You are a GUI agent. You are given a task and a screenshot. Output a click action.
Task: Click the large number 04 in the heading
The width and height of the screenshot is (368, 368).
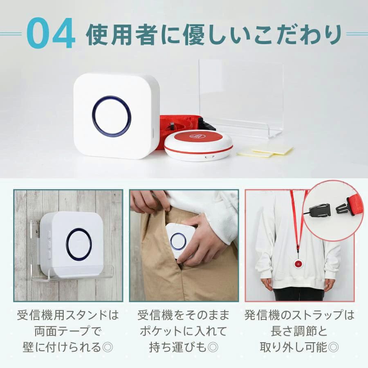[51, 33]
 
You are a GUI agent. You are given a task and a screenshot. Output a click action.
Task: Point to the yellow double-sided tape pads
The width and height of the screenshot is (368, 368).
[265, 151]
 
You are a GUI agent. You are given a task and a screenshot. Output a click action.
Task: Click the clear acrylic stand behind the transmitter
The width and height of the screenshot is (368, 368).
[241, 99]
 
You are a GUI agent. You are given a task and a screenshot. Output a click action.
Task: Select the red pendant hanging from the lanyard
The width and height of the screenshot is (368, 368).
[298, 264]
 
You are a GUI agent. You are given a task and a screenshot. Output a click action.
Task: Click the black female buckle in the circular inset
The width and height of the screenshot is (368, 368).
[319, 211]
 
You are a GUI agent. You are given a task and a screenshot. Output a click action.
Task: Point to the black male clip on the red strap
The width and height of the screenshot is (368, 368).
[343, 206]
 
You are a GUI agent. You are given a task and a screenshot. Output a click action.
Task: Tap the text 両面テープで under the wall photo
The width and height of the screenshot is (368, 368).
[68, 331]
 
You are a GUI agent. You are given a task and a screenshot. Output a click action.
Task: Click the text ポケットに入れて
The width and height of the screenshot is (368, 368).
[184, 331]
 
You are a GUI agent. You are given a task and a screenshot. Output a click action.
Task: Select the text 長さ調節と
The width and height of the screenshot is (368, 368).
[299, 331]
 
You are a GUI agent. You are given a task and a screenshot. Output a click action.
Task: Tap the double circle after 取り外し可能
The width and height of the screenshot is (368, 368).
[333, 347]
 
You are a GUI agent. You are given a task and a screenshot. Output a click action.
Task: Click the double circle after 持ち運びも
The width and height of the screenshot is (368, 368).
[213, 347]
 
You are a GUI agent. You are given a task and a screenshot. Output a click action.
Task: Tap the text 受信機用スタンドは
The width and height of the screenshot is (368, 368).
[68, 315]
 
